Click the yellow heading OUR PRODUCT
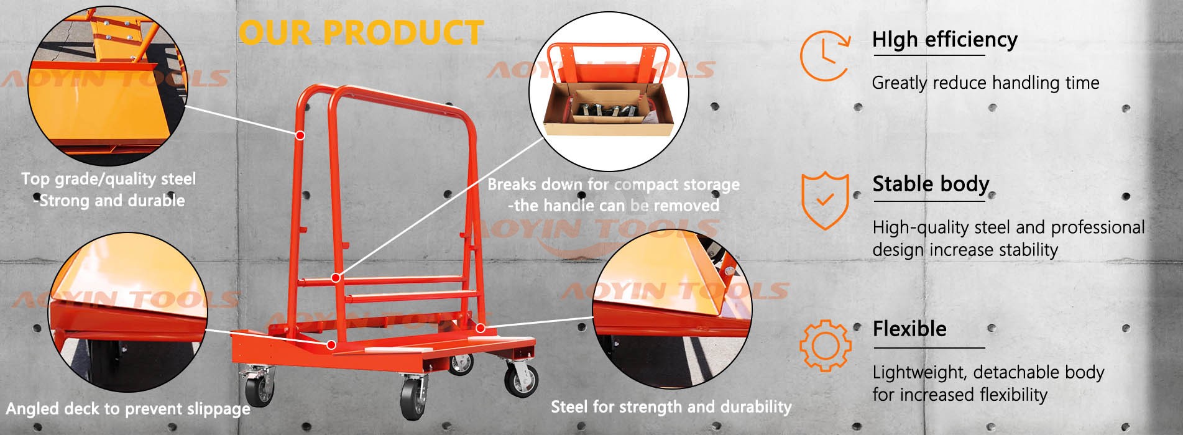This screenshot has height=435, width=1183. pos(361,32)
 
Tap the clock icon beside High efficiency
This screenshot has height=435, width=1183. pos(824,55)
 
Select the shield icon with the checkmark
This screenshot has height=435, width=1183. pos(824,200)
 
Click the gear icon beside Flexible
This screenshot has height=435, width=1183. pos(824,346)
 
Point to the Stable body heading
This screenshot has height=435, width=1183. pos(930,184)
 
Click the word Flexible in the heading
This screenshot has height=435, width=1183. pos(909,329)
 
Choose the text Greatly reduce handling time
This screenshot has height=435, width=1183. pos(985,83)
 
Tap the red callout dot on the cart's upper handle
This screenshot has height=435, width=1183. pos(300,135)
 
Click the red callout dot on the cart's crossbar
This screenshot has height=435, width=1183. pos(336,278)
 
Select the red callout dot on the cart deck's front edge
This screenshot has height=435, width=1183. pos(331,345)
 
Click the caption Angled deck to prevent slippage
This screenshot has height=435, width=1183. pos(128,409)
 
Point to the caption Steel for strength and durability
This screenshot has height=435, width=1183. pos(671,407)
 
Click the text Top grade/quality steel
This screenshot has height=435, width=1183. pos(109,179)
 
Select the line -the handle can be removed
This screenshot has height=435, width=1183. pos(614,206)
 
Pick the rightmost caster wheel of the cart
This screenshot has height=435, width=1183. pos(521,379)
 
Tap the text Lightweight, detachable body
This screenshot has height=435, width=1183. pos(988,372)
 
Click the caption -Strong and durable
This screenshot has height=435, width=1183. pos(109,201)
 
